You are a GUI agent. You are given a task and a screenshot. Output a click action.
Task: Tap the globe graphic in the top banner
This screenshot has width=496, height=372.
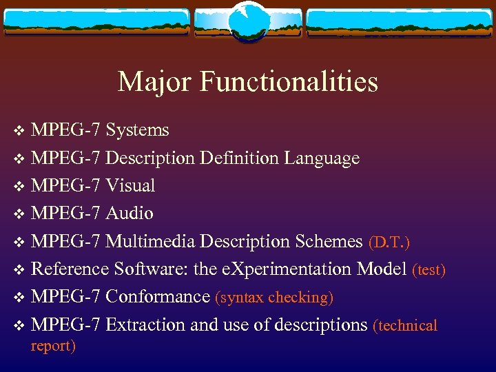coord(247,22)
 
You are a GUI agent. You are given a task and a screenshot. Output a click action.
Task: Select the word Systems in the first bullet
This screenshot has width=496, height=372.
coord(138,130)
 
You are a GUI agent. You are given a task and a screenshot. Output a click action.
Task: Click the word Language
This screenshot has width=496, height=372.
coord(320,158)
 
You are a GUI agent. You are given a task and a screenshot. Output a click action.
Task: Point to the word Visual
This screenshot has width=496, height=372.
coord(130,186)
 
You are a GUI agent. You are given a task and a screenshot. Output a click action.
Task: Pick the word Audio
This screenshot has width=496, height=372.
coord(130,214)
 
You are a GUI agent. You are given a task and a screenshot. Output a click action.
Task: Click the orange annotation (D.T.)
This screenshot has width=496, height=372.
coord(390,242)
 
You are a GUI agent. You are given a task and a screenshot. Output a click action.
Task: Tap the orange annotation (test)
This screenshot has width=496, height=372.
coord(428,270)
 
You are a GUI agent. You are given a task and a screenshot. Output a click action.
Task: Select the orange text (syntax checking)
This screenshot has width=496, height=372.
coord(274,298)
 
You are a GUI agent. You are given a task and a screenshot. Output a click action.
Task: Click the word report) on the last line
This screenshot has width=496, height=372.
coord(53,346)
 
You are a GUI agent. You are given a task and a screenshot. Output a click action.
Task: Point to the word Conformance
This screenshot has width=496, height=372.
coord(158,297)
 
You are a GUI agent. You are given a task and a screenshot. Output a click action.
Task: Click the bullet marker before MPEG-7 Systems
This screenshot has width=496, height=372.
coord(19,131)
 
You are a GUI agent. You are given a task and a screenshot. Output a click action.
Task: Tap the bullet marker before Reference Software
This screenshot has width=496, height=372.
coord(19,270)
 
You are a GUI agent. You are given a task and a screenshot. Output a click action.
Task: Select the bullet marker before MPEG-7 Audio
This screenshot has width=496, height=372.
coord(19,214)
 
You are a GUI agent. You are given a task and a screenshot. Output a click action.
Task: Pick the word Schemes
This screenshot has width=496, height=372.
coord(327,241)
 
